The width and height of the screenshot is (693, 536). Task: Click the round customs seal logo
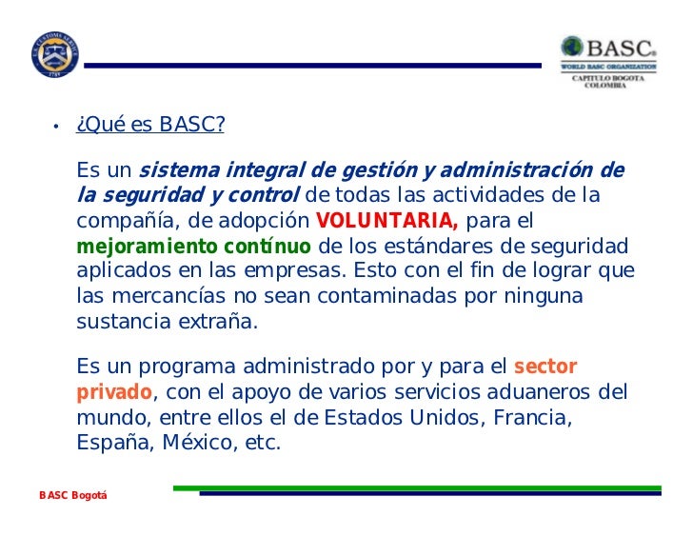(x=55, y=55)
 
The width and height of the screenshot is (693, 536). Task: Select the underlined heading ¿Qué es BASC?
(x=150, y=126)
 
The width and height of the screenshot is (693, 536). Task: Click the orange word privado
(x=113, y=392)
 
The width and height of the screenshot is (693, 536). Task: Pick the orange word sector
(x=544, y=367)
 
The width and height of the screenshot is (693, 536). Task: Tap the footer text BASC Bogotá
(x=73, y=496)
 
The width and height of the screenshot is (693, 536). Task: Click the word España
(x=109, y=443)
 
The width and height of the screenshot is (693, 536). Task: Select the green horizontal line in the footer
(x=419, y=488)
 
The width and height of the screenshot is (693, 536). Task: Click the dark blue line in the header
(x=314, y=66)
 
